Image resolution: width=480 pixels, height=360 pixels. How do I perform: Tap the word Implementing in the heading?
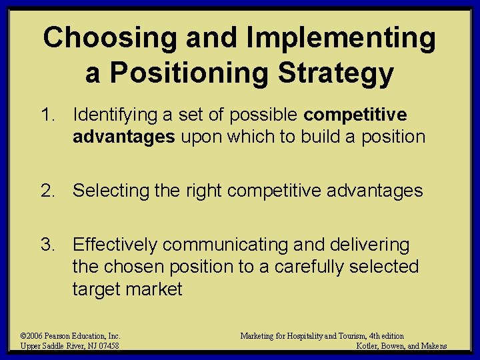click(x=340, y=39)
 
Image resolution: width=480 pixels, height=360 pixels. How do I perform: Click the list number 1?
click(x=47, y=115)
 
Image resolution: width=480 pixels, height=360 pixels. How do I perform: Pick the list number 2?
click(x=47, y=191)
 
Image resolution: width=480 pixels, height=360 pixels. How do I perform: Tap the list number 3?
click(x=47, y=245)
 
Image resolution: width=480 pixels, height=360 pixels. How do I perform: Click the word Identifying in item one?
click(x=115, y=115)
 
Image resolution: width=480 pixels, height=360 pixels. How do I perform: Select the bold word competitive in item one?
click(x=355, y=115)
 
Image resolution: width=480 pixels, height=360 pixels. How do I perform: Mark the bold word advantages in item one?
click(x=123, y=137)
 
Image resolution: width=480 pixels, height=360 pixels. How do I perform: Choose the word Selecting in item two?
click(x=110, y=191)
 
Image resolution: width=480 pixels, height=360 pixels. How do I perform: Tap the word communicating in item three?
click(x=231, y=245)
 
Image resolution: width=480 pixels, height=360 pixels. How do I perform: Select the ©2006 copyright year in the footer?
click(x=32, y=336)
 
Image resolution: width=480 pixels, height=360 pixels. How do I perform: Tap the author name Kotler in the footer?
click(x=368, y=345)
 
